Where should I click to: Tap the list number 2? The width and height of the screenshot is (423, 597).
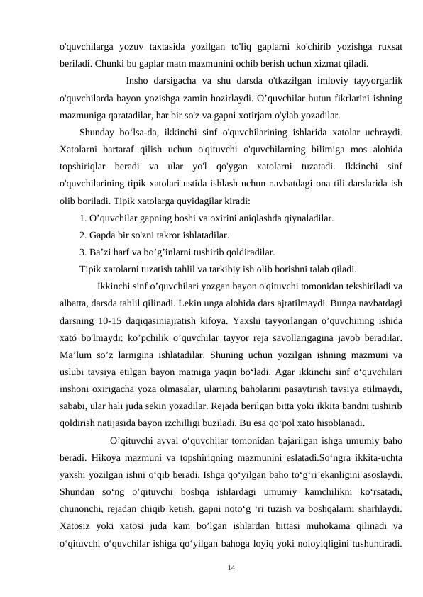tap(83, 235)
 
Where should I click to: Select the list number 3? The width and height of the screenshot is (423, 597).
tap(83, 252)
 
